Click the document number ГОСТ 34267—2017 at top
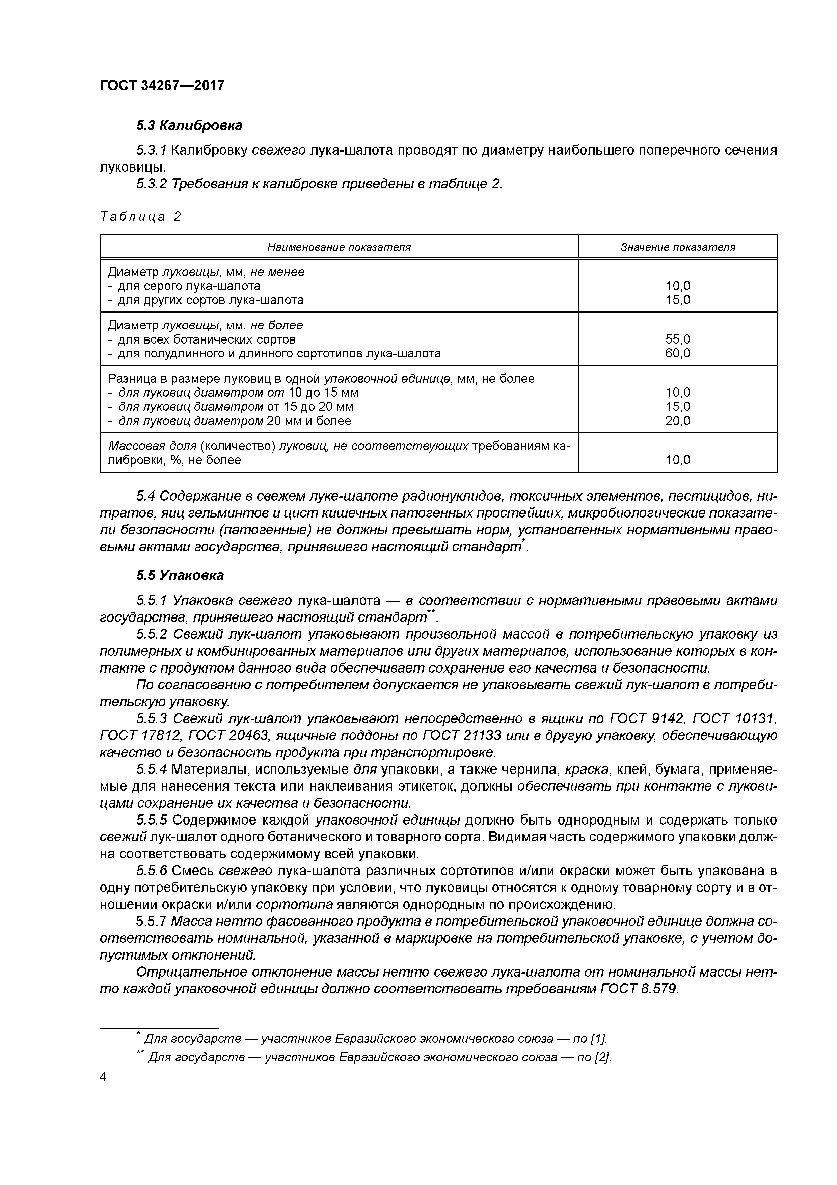(x=162, y=85)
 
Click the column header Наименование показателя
(x=339, y=247)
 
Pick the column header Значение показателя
(x=678, y=247)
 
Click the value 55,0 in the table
(x=678, y=339)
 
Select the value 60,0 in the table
(x=678, y=353)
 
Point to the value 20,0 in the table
(x=678, y=421)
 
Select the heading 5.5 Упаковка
(x=180, y=575)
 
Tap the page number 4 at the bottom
(x=103, y=1077)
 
